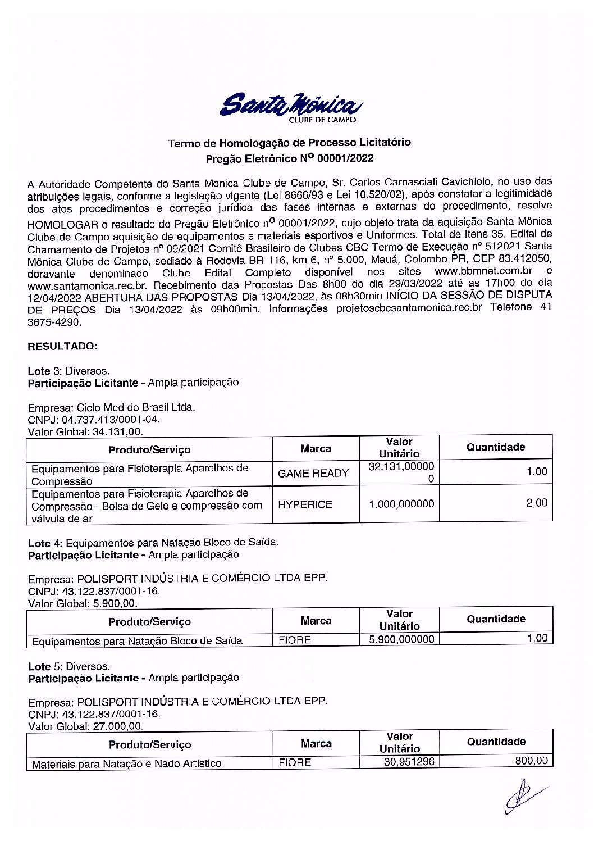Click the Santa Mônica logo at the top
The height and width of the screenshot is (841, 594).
coord(290,106)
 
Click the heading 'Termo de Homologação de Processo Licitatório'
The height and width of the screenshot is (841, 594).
coord(289,143)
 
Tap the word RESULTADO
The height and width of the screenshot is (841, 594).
coord(62,346)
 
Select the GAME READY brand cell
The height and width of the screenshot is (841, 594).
coord(313,474)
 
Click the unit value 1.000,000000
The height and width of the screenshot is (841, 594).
coord(401,504)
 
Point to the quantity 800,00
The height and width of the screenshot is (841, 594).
coord(531,761)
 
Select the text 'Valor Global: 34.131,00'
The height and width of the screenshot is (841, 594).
coord(85,432)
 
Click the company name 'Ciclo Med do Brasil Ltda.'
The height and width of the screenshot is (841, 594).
coord(135,407)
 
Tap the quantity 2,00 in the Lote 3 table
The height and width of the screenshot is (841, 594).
coord(536,503)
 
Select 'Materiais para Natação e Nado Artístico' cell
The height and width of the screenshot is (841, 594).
coord(126,763)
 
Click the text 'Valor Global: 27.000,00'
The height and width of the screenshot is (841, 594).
coord(85,726)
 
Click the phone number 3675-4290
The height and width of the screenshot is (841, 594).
coord(54,322)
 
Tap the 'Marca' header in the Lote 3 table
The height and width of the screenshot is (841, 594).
coord(316,449)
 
